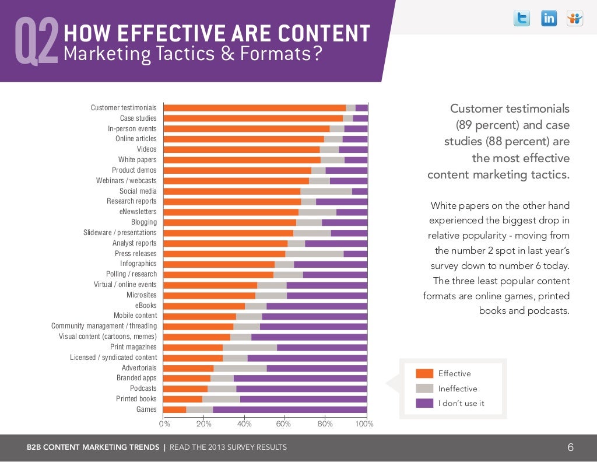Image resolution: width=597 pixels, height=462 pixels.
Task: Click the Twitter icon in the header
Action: (x=522, y=19)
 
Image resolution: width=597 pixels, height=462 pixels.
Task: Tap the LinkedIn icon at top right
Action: (x=549, y=19)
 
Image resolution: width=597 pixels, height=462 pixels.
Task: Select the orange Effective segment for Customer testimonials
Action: (x=254, y=108)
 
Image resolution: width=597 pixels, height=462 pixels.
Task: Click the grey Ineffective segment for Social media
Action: (x=326, y=191)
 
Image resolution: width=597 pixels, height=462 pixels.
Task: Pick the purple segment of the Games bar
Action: (x=290, y=409)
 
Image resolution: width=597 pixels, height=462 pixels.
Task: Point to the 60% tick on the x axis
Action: (x=283, y=423)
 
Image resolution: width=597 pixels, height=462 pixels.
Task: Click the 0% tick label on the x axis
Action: (x=164, y=423)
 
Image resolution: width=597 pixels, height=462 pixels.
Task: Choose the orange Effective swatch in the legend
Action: (x=424, y=373)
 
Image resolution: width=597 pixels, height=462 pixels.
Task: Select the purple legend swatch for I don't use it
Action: (x=424, y=403)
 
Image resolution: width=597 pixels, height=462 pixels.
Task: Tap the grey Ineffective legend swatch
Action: (x=424, y=388)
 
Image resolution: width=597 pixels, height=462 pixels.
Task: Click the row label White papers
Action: (x=137, y=160)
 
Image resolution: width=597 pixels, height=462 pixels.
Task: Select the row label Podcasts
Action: (x=143, y=388)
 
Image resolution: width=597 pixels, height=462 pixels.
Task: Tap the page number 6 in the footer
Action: (x=571, y=448)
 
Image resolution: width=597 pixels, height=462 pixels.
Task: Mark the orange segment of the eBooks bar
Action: (x=204, y=306)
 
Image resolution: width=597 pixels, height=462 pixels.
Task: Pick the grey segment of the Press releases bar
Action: (x=314, y=254)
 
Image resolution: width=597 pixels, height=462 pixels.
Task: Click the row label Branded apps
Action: (x=136, y=378)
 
